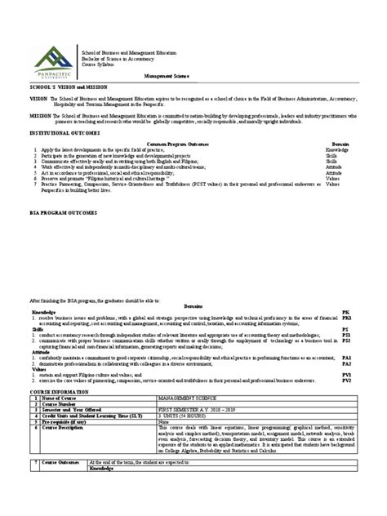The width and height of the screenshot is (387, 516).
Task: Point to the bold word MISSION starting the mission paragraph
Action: tap(17, 117)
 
